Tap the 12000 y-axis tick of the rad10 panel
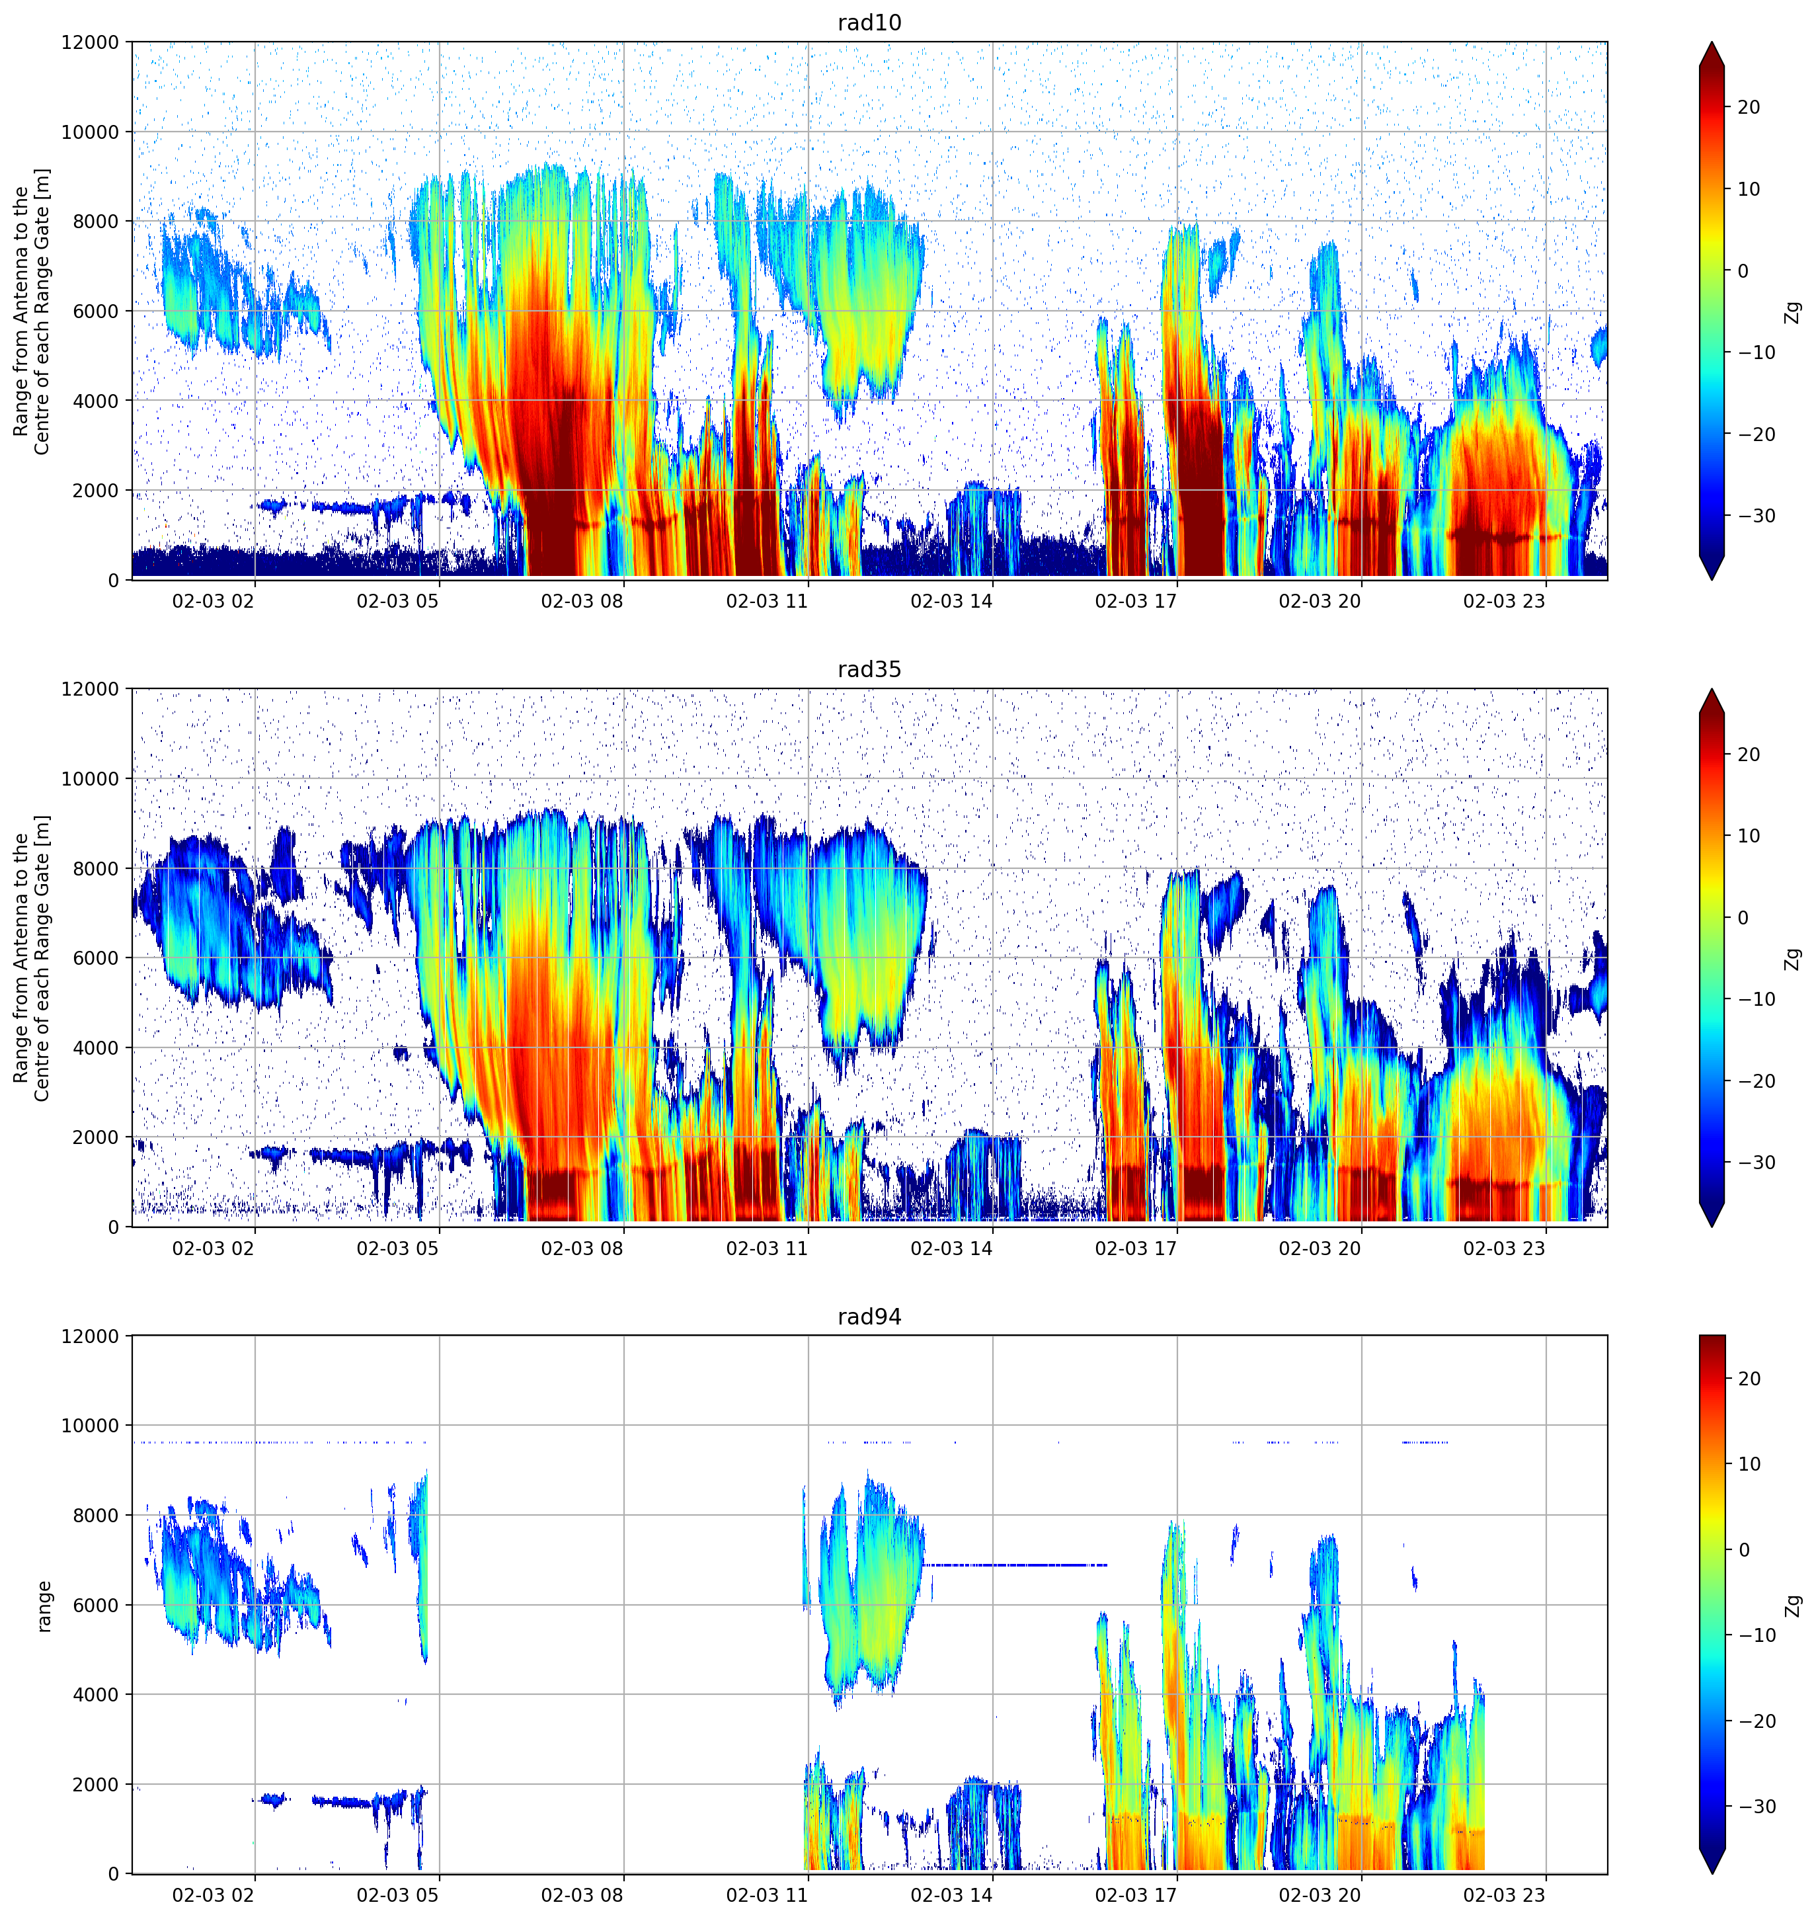point(90,42)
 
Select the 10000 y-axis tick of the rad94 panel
point(90,1425)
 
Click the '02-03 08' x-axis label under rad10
point(582,601)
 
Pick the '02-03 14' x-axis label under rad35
point(951,1248)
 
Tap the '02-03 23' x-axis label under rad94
point(1505,1895)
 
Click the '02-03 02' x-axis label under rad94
point(213,1895)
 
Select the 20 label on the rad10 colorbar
point(1748,108)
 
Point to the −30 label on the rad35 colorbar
point(1755,1163)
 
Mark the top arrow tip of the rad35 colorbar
point(1712,689)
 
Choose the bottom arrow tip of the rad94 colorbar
point(1712,1873)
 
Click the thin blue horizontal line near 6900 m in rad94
point(1015,1565)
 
